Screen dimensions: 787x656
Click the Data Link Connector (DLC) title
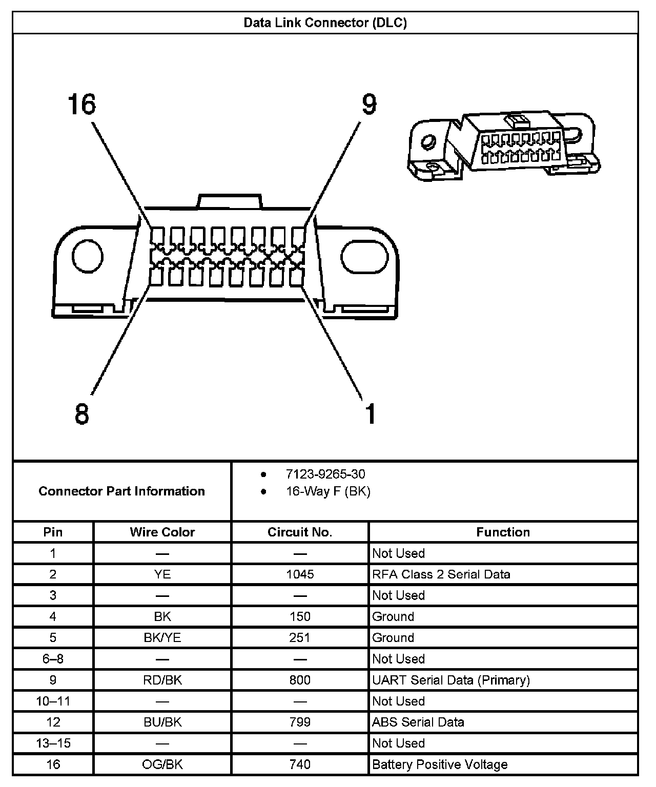(x=325, y=23)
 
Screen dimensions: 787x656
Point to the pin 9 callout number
(x=369, y=104)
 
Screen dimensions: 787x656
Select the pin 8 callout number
(x=81, y=413)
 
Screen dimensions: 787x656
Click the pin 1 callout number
(x=370, y=413)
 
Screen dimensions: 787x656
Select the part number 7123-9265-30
(x=325, y=474)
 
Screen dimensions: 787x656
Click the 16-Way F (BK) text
(x=328, y=491)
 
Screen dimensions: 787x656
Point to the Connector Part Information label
(x=121, y=491)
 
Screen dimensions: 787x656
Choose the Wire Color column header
(x=162, y=532)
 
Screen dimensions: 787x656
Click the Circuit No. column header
(x=300, y=532)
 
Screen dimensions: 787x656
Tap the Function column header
(x=503, y=532)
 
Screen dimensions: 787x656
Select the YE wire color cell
(x=162, y=574)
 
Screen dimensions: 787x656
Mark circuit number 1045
(x=300, y=574)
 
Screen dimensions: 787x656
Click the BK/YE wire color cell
(x=162, y=638)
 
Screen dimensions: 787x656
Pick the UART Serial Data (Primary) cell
(x=451, y=680)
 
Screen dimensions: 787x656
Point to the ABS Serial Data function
(x=418, y=722)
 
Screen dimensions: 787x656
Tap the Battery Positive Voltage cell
(x=440, y=764)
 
